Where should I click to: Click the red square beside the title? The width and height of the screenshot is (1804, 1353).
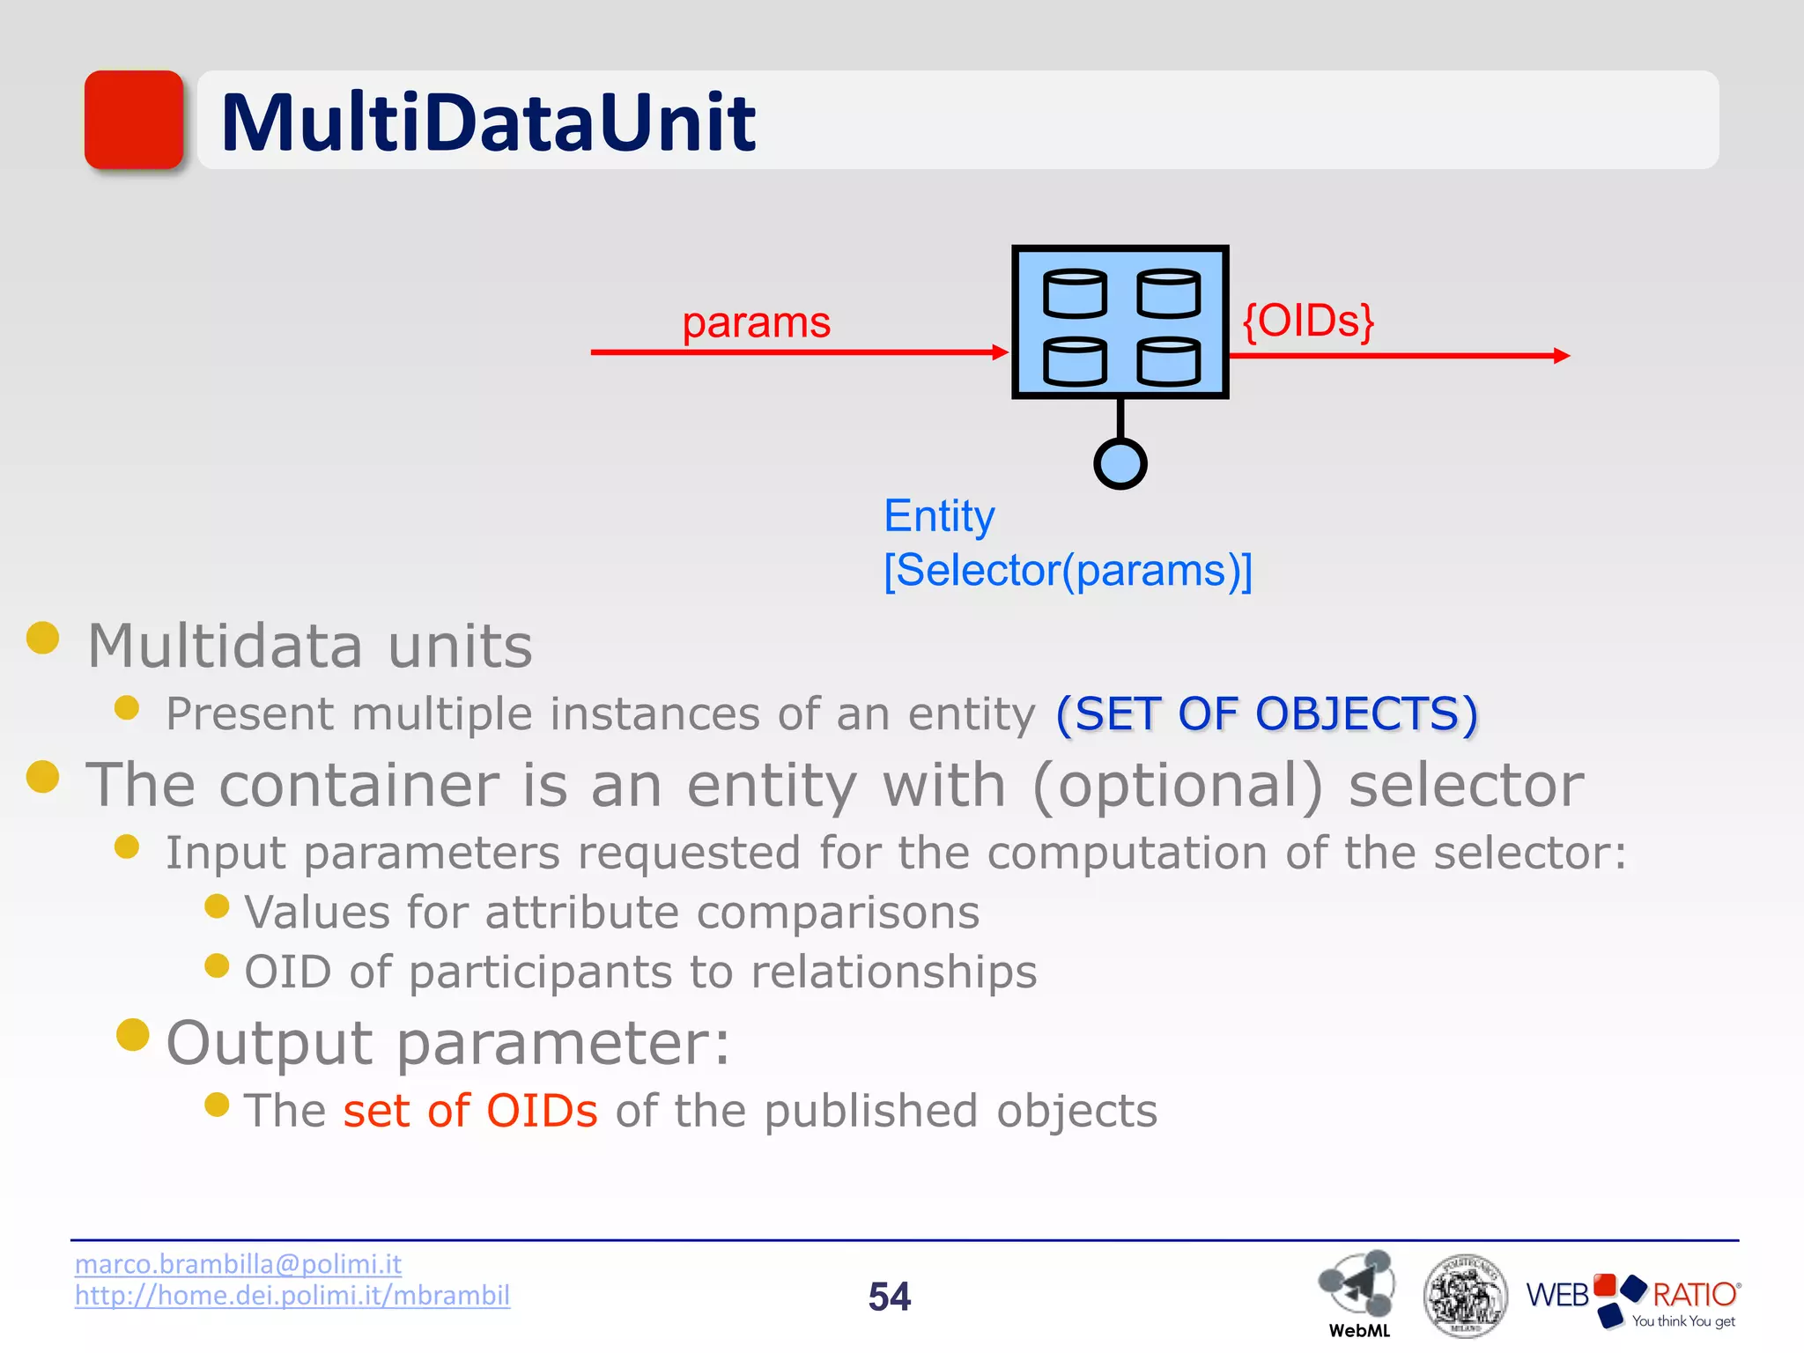pos(134,120)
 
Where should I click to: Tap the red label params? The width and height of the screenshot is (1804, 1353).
pos(756,322)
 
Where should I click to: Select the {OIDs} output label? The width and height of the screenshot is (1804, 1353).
pos(1307,321)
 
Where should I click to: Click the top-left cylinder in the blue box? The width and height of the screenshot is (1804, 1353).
pos(1075,293)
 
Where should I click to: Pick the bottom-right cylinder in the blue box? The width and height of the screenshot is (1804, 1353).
pos(1168,362)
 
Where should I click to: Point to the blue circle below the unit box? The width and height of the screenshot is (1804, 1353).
pos(1120,463)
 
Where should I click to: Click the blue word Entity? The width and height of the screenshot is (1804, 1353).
pos(939,516)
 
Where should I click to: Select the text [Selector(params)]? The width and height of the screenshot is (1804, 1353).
pos(1068,571)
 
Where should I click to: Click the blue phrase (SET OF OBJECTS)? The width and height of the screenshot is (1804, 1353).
pos(1266,713)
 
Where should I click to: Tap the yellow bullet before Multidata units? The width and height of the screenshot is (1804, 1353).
pos(43,638)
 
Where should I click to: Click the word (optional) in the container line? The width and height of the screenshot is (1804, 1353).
pos(1177,784)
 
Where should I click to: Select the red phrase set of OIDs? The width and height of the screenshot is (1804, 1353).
pos(470,1111)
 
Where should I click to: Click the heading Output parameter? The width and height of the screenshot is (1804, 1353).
pos(448,1043)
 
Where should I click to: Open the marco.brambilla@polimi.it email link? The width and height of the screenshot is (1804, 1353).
pos(238,1264)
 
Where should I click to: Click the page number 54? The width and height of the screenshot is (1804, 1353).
pos(889,1297)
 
